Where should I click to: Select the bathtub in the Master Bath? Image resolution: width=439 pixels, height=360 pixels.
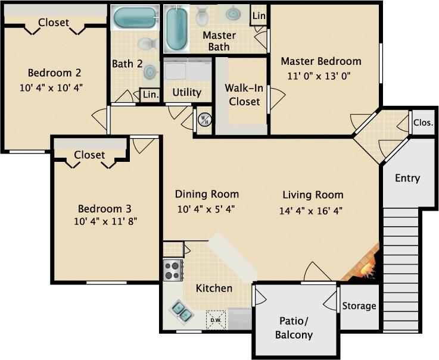[x=176, y=29]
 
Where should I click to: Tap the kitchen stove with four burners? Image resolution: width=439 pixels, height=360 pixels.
[x=173, y=270]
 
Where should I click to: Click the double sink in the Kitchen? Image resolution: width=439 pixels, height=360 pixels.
[x=181, y=311]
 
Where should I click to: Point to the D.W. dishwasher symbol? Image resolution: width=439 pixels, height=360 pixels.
[x=215, y=320]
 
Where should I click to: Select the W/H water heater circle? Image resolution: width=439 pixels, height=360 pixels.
[x=204, y=119]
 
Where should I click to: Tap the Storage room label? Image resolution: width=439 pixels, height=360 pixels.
[x=359, y=306]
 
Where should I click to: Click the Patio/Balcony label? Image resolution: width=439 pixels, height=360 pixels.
[x=295, y=328]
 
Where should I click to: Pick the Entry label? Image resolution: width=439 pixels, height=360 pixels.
[x=407, y=178]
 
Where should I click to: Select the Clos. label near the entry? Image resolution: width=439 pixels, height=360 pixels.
[x=423, y=123]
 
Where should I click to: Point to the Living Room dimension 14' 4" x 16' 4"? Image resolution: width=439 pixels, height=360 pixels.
[x=310, y=211]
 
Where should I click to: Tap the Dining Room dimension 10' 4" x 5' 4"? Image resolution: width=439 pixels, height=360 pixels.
[x=206, y=209]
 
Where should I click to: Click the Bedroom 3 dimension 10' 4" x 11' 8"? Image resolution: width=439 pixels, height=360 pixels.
[x=105, y=221]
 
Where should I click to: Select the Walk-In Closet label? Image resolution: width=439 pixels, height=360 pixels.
[x=242, y=95]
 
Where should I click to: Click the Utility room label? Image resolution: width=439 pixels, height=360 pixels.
[x=187, y=93]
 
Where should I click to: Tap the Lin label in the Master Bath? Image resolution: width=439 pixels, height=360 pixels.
[x=259, y=15]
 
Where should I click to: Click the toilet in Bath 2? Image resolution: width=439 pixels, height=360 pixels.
[x=147, y=44]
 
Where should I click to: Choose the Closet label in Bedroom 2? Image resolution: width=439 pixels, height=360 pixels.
[x=54, y=23]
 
